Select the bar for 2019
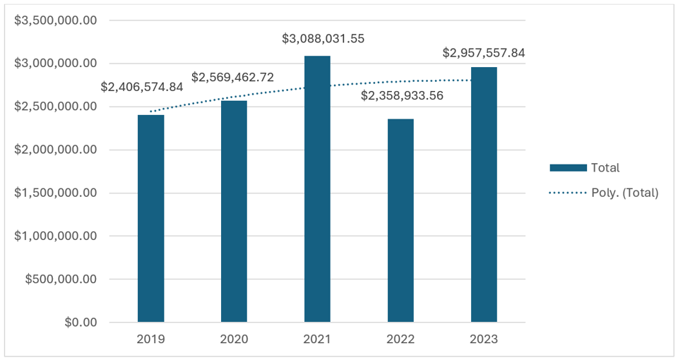point(150,219)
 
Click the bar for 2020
point(234,212)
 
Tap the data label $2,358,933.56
point(402,95)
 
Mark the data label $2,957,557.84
point(484,53)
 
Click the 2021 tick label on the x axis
point(317,340)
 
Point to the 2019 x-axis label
point(150,340)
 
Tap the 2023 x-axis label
point(484,340)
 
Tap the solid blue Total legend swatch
point(568,168)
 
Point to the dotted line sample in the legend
point(568,192)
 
